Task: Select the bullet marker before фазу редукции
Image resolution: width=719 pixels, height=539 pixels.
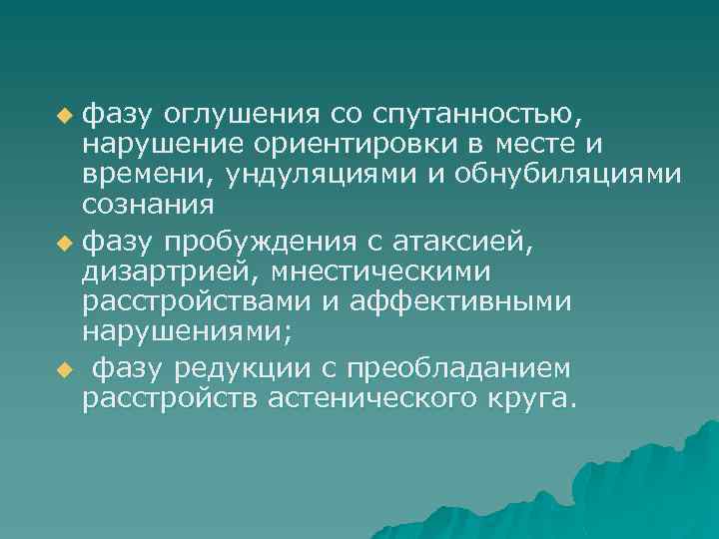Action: [65, 370]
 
